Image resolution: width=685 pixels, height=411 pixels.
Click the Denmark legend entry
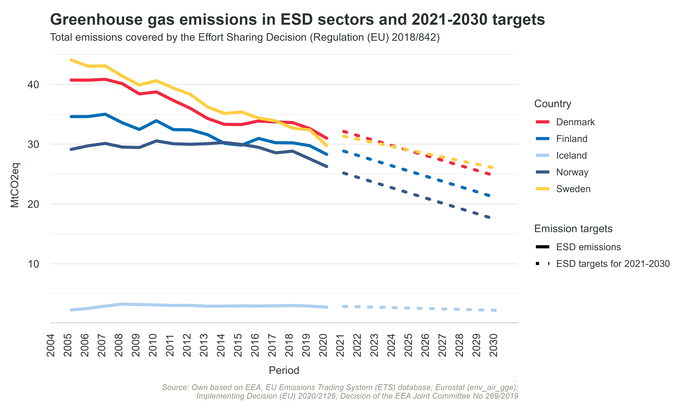[575, 122]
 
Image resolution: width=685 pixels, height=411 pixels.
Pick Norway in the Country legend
[572, 172]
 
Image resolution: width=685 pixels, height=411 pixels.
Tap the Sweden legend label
[573, 189]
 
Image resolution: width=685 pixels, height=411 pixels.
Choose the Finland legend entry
[571, 139]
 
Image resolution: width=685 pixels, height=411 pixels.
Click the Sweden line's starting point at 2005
[71, 60]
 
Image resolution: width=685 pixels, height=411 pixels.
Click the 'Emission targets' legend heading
[573, 229]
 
